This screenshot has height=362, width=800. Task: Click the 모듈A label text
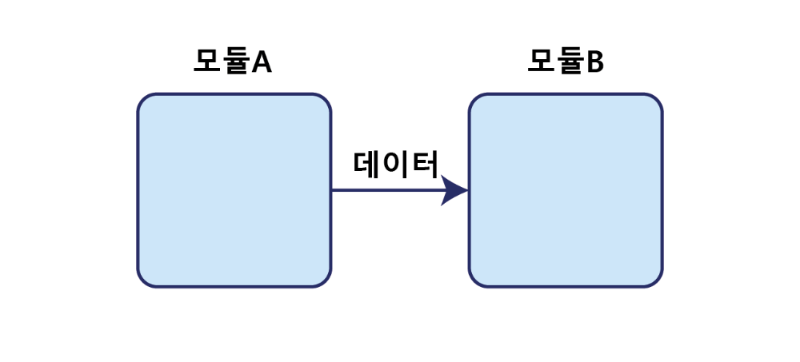[x=233, y=62]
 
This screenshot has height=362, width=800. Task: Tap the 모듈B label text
[x=566, y=62]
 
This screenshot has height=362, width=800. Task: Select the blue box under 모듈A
[x=234, y=190]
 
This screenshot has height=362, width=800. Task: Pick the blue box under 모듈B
[x=566, y=190]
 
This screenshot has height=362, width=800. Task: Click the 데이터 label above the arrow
[x=396, y=165]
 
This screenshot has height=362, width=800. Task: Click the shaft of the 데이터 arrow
[x=384, y=190]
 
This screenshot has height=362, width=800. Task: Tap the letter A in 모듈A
[x=262, y=62]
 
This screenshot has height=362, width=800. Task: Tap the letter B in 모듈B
[x=595, y=62]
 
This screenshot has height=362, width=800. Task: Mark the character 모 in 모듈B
[x=541, y=62]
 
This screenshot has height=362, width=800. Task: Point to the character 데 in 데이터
[x=367, y=165]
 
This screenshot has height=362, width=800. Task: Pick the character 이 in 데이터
[x=396, y=165]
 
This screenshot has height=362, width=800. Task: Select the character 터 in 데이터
[x=425, y=165]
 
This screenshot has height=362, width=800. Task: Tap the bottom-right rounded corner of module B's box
[x=656, y=280]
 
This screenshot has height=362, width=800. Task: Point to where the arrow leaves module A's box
[x=332, y=190]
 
